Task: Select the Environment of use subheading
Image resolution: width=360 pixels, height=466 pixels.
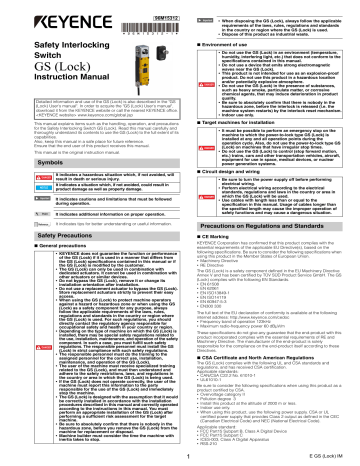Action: click(225, 46)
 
